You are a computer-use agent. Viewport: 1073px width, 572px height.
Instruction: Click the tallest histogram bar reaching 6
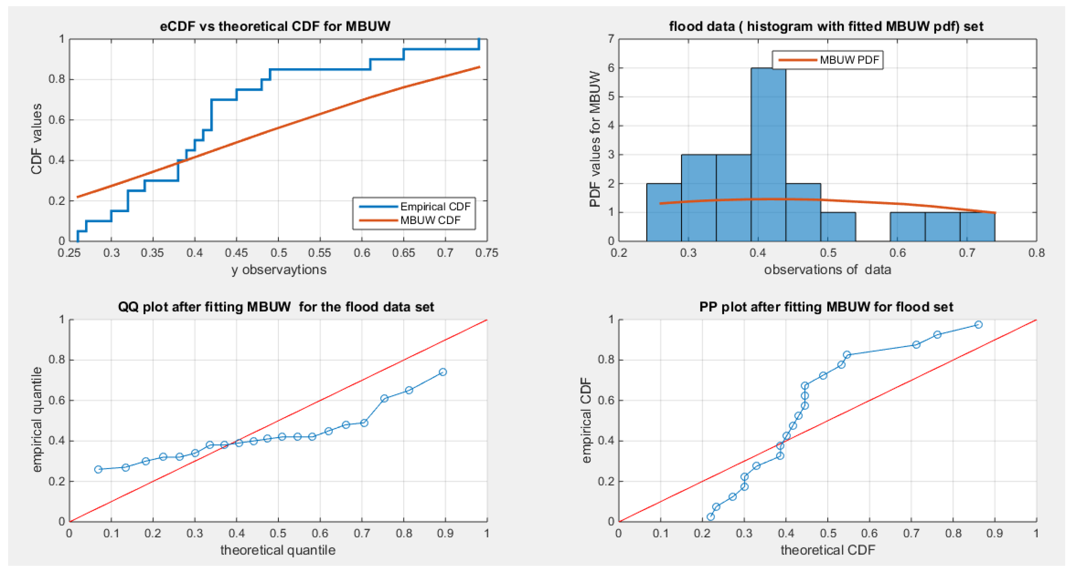click(768, 154)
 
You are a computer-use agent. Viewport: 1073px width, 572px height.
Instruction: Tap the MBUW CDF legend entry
click(430, 220)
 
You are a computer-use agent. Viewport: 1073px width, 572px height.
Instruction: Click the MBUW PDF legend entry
click(849, 60)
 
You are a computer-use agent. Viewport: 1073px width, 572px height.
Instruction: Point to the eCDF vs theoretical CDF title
click(275, 26)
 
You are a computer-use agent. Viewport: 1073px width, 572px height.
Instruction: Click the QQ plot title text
click(276, 307)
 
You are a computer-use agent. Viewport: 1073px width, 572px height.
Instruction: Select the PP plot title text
click(826, 307)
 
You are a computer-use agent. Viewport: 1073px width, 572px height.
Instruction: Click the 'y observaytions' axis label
click(279, 270)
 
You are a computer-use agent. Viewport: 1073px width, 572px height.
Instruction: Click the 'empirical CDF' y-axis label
click(586, 420)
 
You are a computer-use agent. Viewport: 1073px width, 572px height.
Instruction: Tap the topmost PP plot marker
click(978, 325)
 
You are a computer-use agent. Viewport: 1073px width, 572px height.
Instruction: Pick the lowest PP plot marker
click(711, 517)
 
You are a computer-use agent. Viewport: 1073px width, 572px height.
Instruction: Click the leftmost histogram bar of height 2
click(664, 212)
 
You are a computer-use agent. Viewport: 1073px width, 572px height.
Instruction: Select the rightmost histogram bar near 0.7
click(977, 227)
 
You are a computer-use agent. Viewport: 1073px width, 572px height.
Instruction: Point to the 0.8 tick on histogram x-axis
click(1036, 253)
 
